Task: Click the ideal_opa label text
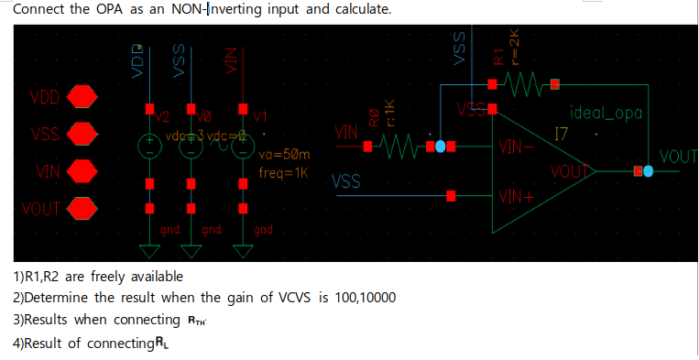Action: (x=606, y=115)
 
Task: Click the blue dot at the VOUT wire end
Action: (x=650, y=170)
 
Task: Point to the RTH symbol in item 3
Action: (x=196, y=320)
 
